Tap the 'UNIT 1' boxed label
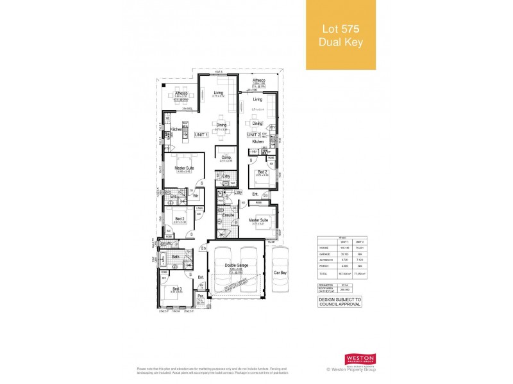click(202, 135)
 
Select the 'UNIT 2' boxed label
click(255, 135)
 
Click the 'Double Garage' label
click(236, 265)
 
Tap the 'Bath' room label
click(176, 257)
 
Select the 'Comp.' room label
click(226, 157)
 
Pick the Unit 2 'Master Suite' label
click(259, 220)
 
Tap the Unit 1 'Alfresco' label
click(181, 93)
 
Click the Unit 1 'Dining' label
click(221, 125)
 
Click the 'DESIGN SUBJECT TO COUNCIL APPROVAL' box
click(340, 301)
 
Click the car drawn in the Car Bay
click(281, 272)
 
